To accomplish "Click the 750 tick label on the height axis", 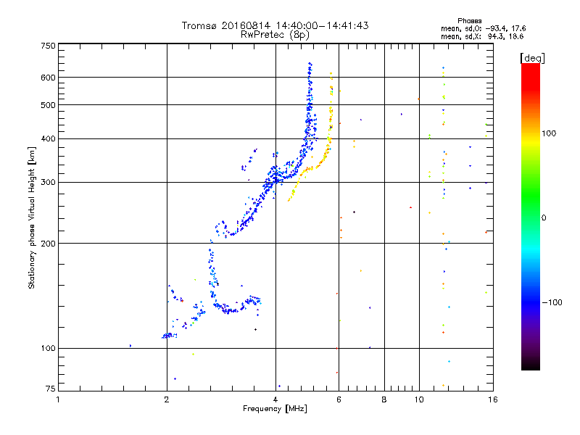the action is [x=48, y=46].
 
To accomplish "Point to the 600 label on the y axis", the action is [x=48, y=78].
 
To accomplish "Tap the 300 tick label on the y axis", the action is [x=48, y=183].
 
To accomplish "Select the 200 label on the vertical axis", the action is [x=48, y=244].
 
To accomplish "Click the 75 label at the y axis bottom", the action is [x=50, y=389].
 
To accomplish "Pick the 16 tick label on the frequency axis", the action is [x=493, y=399].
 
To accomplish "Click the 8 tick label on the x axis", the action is [x=384, y=399].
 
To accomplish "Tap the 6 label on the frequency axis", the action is [x=339, y=399].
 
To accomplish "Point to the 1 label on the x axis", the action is [x=58, y=399].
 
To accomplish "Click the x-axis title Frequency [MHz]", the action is [x=275, y=409].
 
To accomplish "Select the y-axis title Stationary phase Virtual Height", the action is [x=31, y=218].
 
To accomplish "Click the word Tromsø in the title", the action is [x=199, y=25].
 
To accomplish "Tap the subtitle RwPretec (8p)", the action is [x=275, y=34].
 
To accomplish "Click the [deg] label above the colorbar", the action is [x=532, y=58].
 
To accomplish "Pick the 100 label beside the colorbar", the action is [x=549, y=133].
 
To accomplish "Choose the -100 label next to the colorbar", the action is [x=552, y=302].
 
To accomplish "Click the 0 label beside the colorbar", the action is [x=544, y=218].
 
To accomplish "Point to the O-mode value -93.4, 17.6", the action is [x=505, y=28].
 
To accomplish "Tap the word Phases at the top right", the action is [x=469, y=21].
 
